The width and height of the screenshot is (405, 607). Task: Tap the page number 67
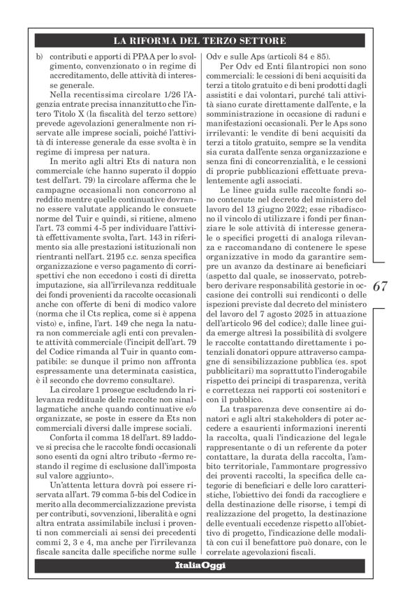click(x=381, y=285)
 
